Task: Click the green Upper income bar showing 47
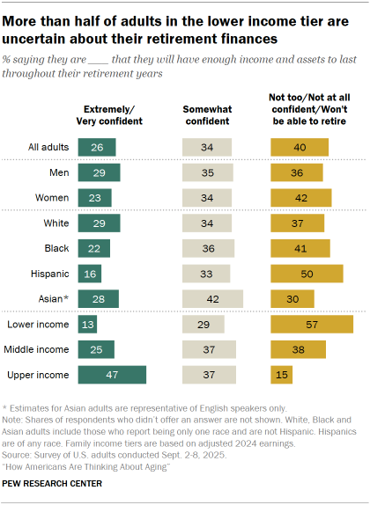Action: [x=112, y=376]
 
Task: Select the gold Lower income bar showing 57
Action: [x=311, y=325]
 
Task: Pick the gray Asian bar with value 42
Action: [x=212, y=299]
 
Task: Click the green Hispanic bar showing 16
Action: [x=90, y=274]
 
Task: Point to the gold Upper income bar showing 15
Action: [x=280, y=376]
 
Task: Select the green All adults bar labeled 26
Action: [x=96, y=147]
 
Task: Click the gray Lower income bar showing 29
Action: [x=203, y=325]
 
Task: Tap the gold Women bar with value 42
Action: [x=300, y=197]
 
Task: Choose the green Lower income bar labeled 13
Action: [x=88, y=325]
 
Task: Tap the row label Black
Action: [x=57, y=248]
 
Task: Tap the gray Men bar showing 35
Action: [x=207, y=172]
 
